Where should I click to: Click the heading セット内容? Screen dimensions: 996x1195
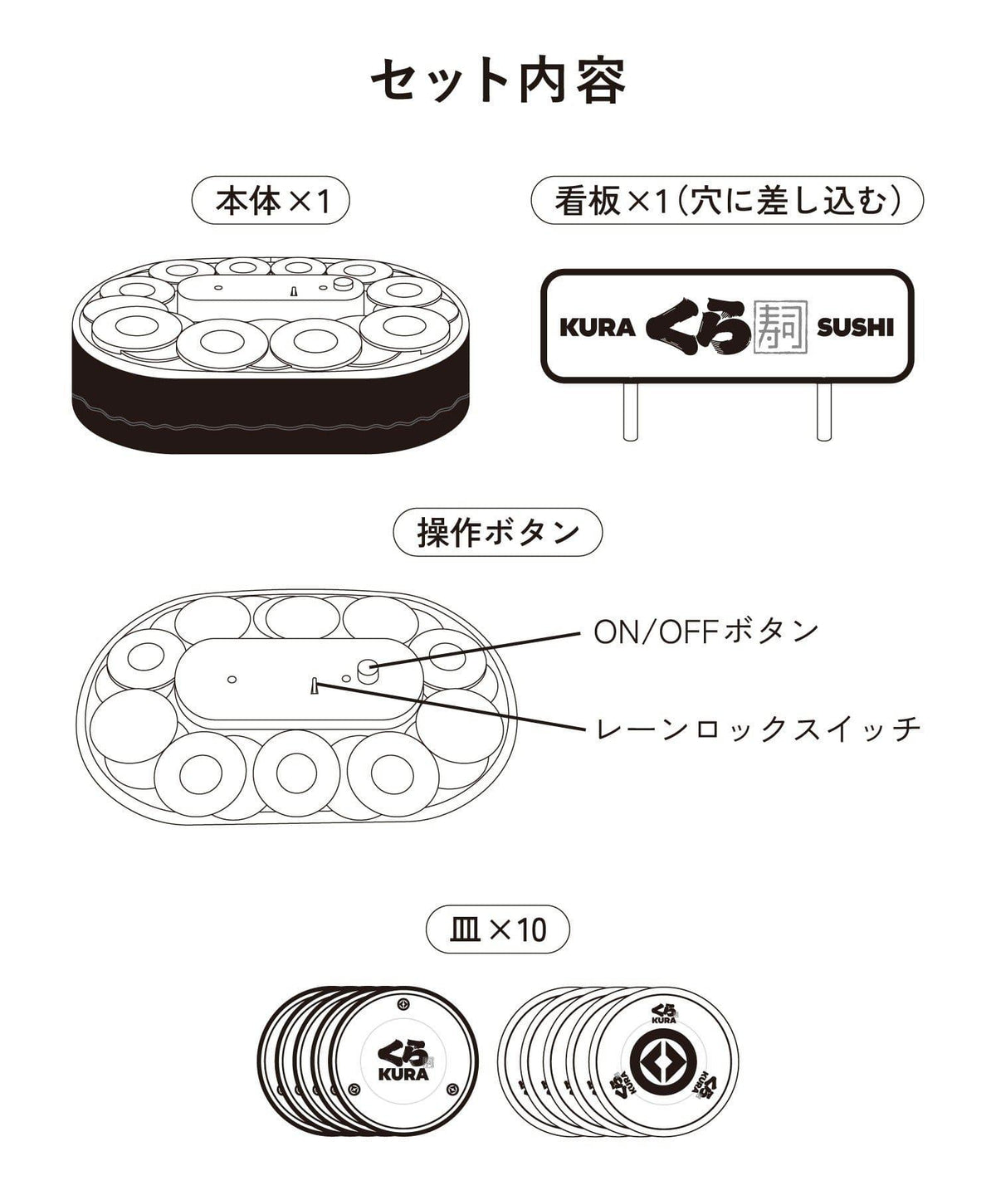click(x=498, y=80)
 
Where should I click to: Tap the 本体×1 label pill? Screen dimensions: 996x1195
click(x=271, y=200)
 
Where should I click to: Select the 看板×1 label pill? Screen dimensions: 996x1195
click(x=727, y=200)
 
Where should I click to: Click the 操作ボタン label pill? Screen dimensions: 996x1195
click(x=497, y=532)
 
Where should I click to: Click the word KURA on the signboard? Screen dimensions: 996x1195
click(x=597, y=328)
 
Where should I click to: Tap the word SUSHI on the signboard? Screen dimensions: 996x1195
click(x=855, y=328)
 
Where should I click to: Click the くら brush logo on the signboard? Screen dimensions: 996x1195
click(x=698, y=327)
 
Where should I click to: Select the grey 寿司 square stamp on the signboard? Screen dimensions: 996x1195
click(x=779, y=327)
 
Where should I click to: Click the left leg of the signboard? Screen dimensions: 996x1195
click(x=630, y=410)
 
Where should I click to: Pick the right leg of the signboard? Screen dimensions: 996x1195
click(x=823, y=410)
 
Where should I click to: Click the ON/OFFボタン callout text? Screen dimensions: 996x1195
click(x=706, y=632)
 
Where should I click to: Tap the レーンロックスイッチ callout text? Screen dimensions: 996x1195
click(x=758, y=729)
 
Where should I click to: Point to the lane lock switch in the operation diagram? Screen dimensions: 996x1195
click(x=315, y=685)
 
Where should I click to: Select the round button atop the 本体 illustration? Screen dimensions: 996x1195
click(x=343, y=283)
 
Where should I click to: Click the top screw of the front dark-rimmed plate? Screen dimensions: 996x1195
click(x=403, y=1003)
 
